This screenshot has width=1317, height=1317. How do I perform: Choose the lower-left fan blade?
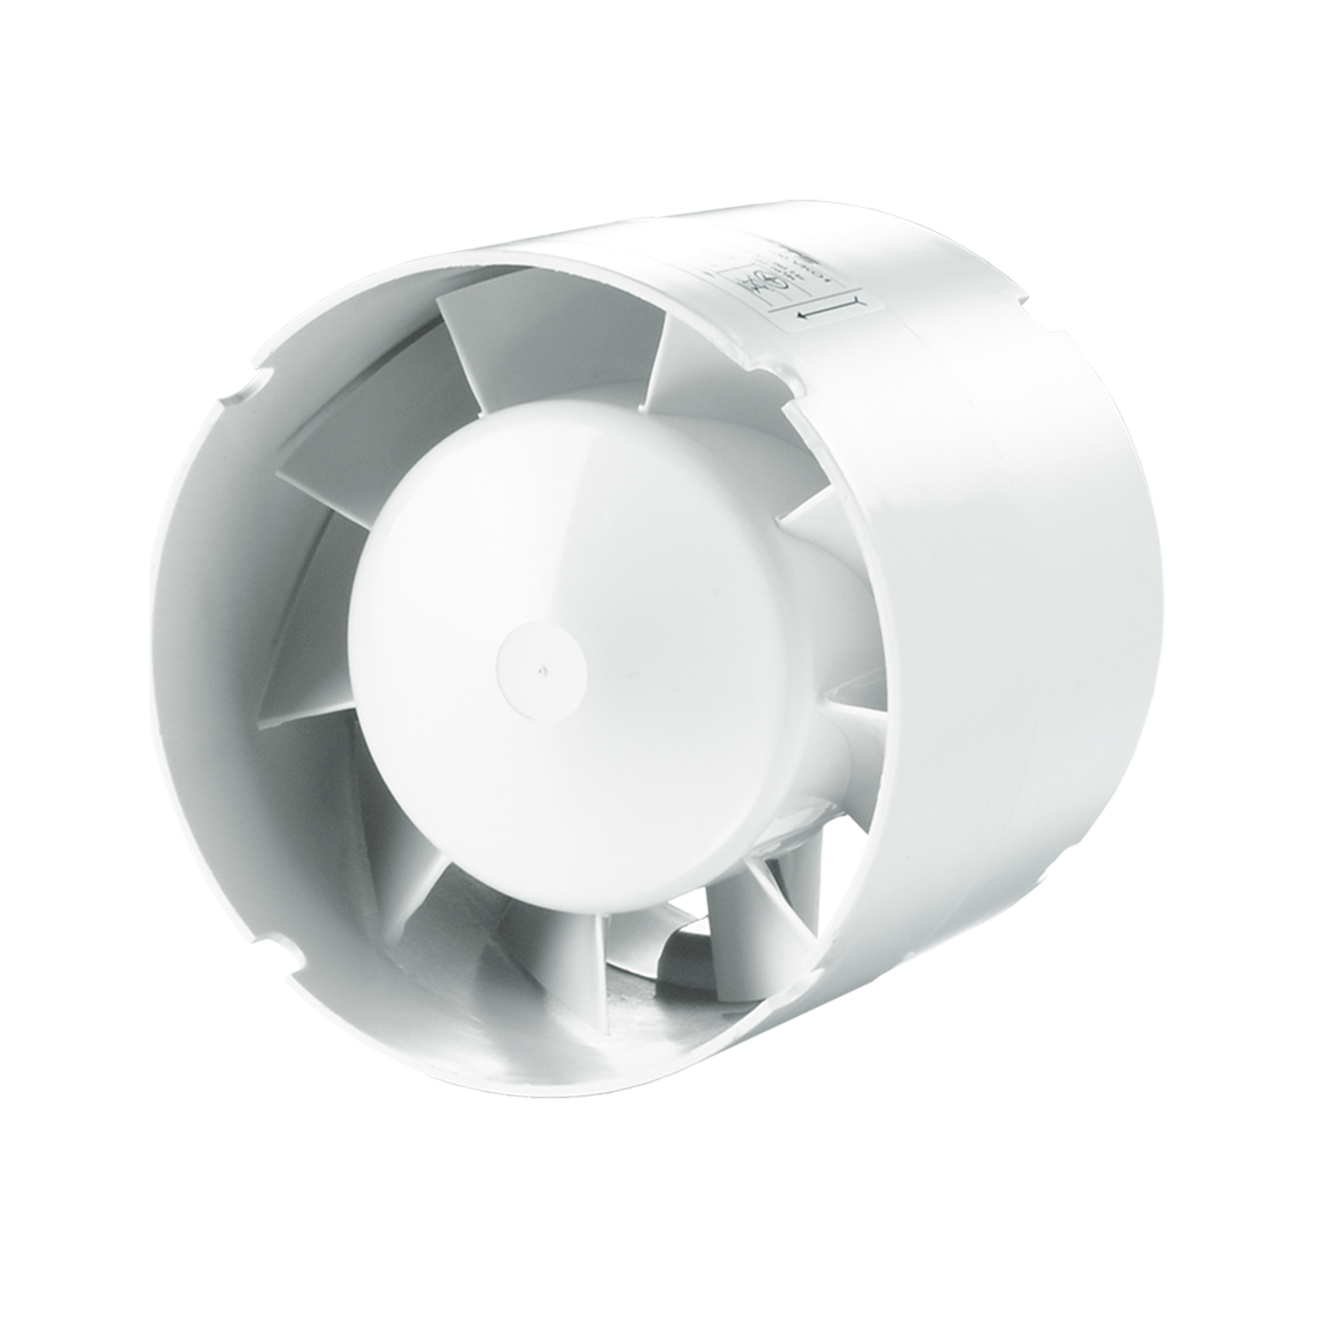click(x=382, y=852)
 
